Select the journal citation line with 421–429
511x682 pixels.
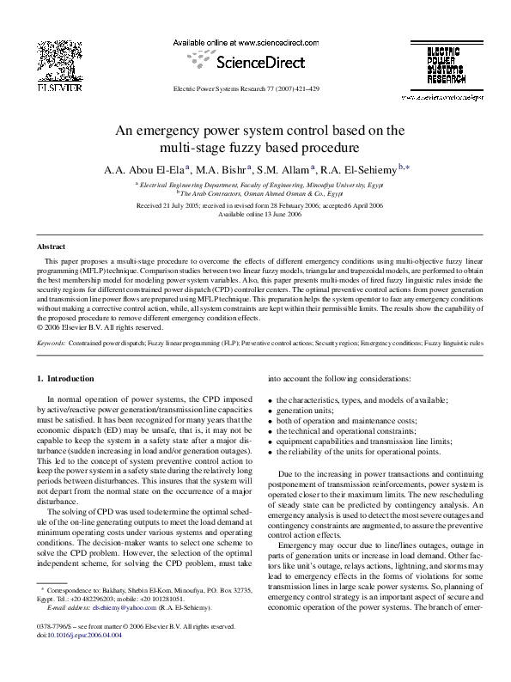point(246,88)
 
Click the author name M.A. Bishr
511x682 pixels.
point(216,168)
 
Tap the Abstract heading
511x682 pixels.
point(41,247)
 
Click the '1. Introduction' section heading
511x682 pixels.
point(69,379)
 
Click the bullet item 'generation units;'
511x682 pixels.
point(305,411)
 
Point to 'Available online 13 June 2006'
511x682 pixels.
point(254,215)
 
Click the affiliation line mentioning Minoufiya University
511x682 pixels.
point(254,185)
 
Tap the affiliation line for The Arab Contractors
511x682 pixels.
point(254,194)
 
